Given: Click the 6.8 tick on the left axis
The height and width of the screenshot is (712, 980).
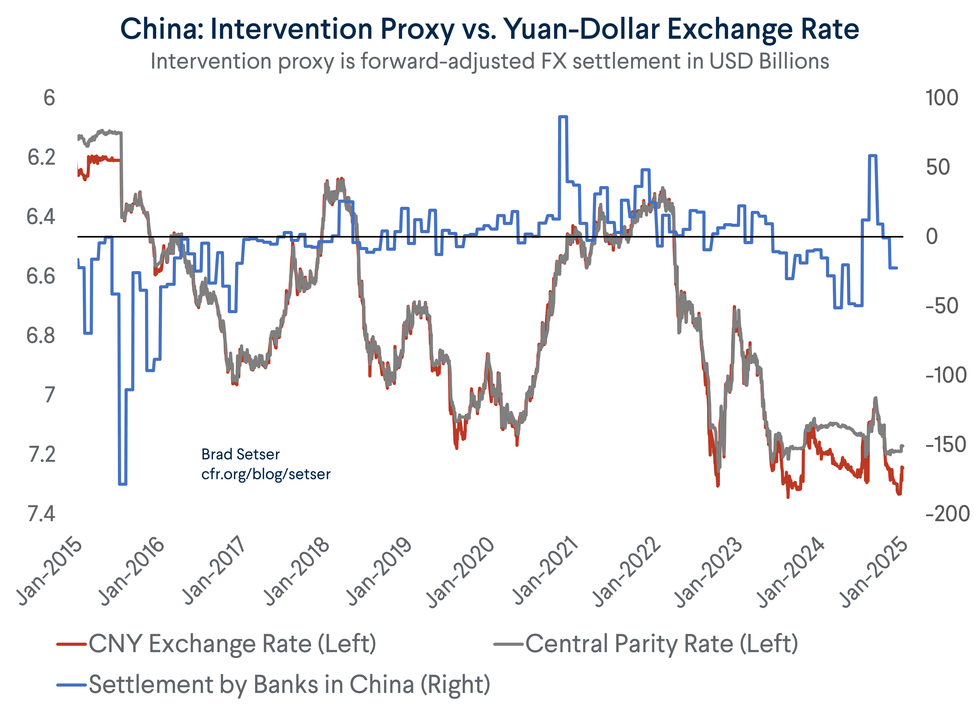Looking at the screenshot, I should point(40,336).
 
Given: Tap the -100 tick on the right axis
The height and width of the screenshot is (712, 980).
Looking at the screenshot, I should point(946,375).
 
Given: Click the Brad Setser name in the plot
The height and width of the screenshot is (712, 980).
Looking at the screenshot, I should point(240,454).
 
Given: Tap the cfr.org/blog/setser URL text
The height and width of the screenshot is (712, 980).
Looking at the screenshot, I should point(266,474).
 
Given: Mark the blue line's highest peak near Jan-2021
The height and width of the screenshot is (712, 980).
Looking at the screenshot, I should point(562,117).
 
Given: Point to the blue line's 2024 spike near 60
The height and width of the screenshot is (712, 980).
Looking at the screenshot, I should point(872,156).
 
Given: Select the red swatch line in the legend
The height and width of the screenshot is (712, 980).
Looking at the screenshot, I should point(71,644).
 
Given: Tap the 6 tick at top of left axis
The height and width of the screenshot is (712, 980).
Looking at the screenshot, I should point(49,98).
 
